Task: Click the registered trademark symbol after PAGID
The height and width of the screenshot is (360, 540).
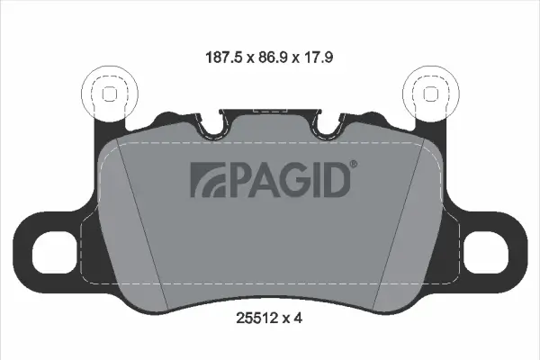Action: click(353, 164)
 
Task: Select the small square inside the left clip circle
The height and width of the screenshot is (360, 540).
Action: click(109, 93)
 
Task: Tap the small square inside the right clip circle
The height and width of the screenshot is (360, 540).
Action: click(430, 93)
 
